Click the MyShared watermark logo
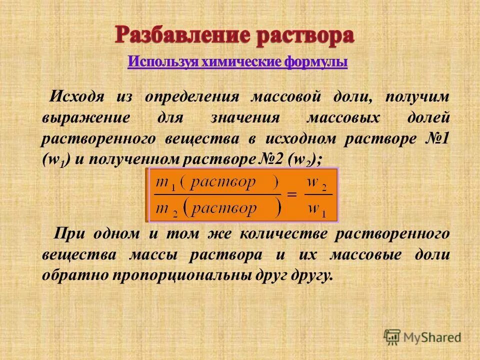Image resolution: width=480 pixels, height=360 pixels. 422,336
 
